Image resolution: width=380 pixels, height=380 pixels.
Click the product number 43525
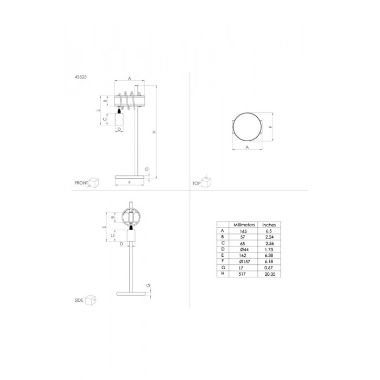80,77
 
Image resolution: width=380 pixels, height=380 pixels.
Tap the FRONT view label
81,183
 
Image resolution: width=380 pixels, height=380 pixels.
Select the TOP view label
197,183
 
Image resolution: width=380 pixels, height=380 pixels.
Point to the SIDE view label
79,300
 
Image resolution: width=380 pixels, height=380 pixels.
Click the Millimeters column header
244,225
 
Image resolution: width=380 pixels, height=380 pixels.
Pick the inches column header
269,225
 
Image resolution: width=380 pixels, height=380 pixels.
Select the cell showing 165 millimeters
243,231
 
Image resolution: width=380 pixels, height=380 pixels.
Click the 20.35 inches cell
269,274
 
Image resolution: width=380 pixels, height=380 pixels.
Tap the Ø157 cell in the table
244,262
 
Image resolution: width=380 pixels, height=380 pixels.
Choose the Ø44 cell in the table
244,249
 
